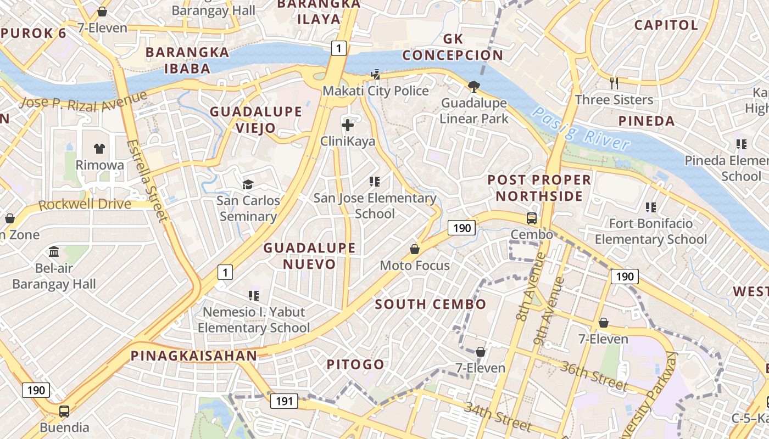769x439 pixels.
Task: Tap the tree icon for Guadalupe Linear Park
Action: click(473, 86)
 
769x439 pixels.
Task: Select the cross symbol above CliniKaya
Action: click(348, 125)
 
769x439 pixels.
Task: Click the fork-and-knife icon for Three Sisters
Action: click(614, 83)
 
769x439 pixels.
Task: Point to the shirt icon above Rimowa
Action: click(99, 148)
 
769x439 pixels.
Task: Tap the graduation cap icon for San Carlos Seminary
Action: click(248, 184)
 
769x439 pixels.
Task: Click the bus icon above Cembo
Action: click(532, 218)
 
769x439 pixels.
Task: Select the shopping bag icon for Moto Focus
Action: click(415, 249)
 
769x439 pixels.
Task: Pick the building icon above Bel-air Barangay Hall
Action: click(54, 252)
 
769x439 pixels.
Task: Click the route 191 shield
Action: click(284, 401)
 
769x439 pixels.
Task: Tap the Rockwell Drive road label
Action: click(85, 205)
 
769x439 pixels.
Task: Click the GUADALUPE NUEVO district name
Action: click(309, 256)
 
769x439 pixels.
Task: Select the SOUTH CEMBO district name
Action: click(431, 304)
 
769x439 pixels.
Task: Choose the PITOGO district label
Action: click(355, 364)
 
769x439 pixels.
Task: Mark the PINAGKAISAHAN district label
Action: click(194, 356)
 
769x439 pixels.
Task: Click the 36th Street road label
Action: click(593, 376)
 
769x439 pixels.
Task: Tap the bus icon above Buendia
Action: click(64, 411)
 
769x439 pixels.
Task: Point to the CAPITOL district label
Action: click(666, 25)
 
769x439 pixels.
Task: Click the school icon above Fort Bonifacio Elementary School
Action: click(651, 207)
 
